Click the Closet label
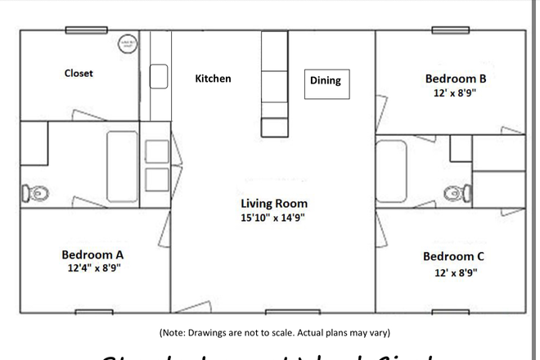[79, 73]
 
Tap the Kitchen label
[213, 79]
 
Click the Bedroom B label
[456, 79]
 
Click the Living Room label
[273, 203]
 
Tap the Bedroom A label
[92, 254]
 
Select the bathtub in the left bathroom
[124, 166]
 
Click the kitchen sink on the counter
[159, 77]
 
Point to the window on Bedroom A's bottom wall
[94, 312]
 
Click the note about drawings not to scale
[274, 332]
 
